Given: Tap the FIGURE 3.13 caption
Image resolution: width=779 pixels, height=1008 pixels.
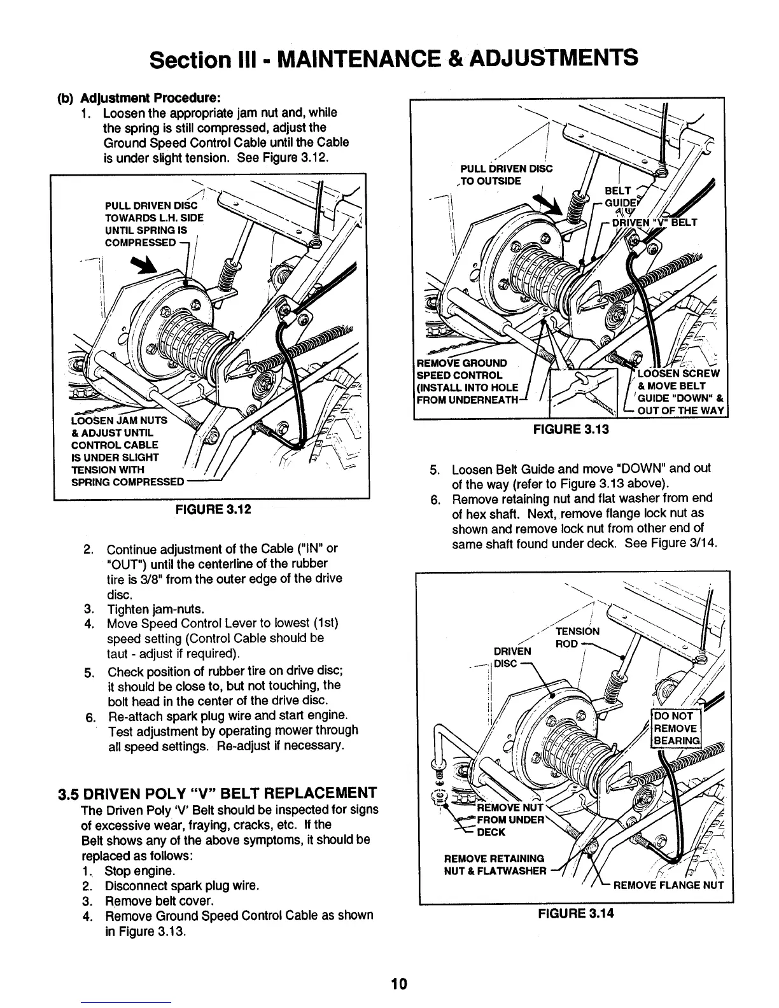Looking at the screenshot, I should tap(570, 429).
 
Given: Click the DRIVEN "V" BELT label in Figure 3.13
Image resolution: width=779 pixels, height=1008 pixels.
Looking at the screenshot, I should tap(656, 223).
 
